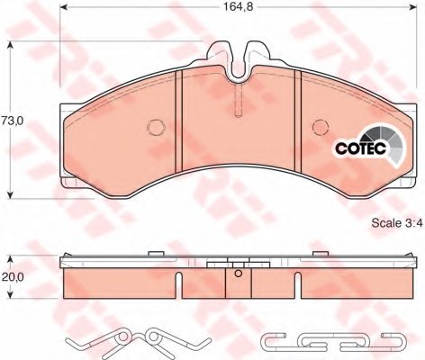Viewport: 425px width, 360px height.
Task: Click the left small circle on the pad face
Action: click(154, 126)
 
